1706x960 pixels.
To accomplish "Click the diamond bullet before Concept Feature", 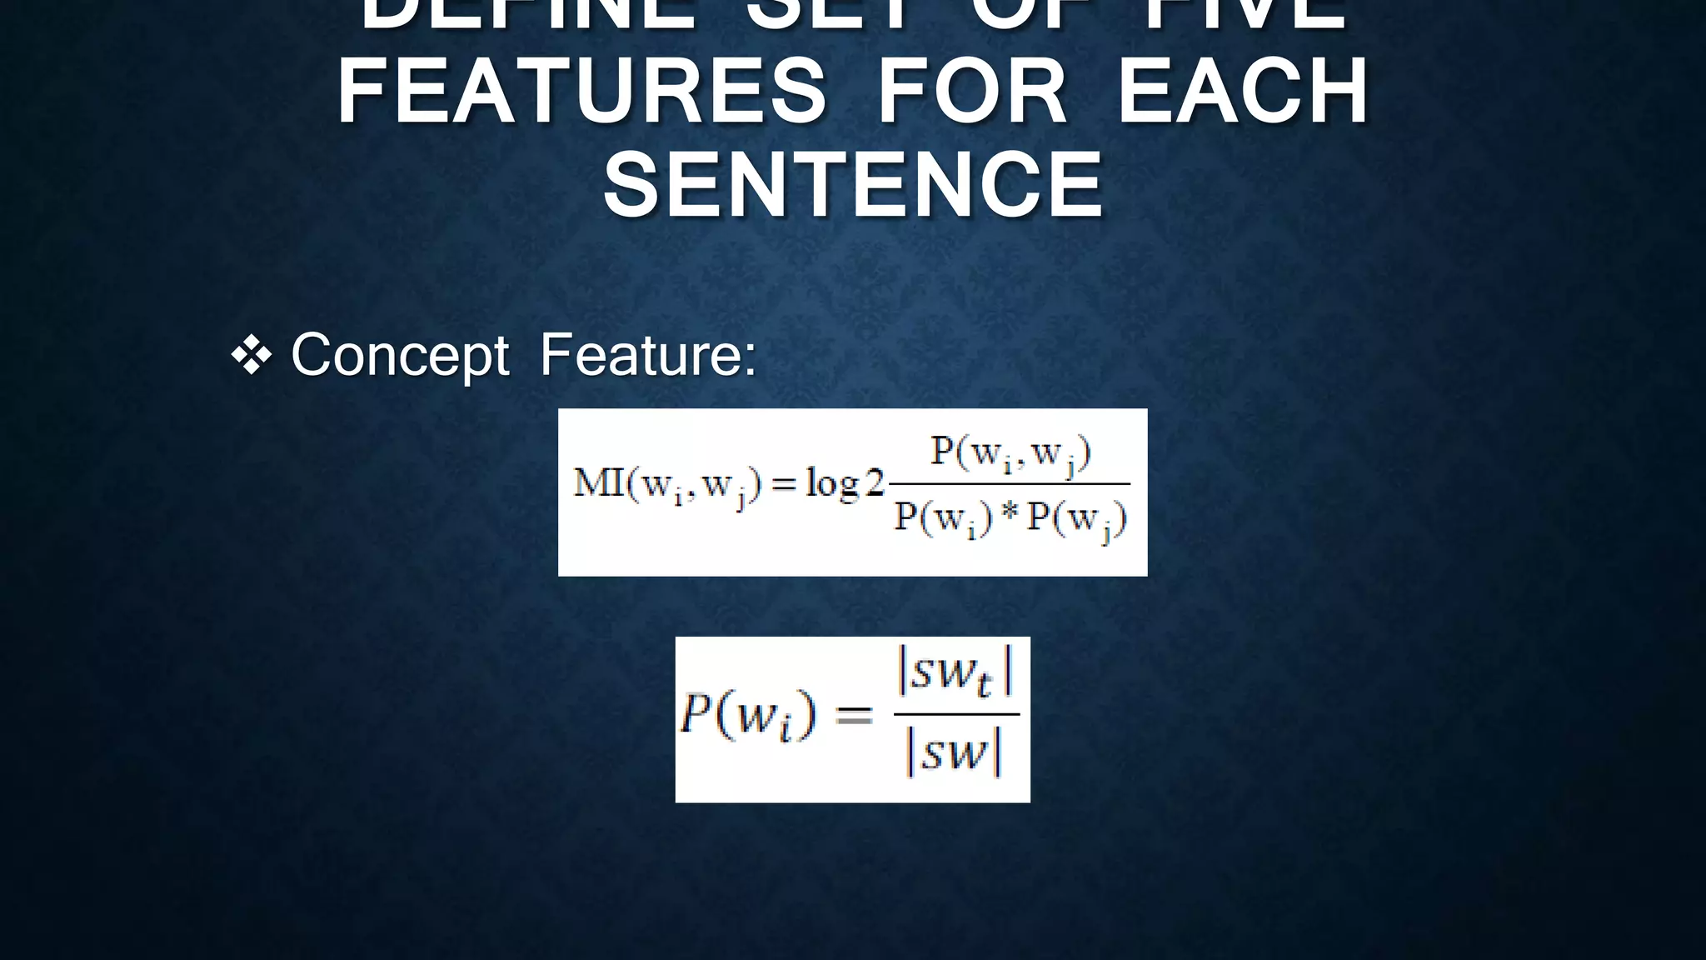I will coord(252,356).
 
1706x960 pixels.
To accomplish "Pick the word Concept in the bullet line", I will coord(400,356).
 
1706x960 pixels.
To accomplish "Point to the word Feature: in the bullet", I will coord(648,356).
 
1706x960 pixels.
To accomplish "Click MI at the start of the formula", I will coord(599,482).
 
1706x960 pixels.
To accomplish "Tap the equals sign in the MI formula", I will coord(784,484).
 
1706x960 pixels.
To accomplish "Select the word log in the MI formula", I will coord(832,484).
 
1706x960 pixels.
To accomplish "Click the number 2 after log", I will coord(875,482).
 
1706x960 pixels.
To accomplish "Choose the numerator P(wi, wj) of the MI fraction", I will coord(1010,454).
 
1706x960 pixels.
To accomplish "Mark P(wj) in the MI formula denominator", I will coord(1077,519).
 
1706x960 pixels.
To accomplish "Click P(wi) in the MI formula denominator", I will coord(943,519).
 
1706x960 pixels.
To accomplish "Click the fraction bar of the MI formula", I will coord(1010,484).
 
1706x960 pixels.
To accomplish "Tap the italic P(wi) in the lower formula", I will coord(747,716).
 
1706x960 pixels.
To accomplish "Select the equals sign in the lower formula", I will coord(854,716).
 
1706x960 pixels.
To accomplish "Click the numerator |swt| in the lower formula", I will coord(955,673).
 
